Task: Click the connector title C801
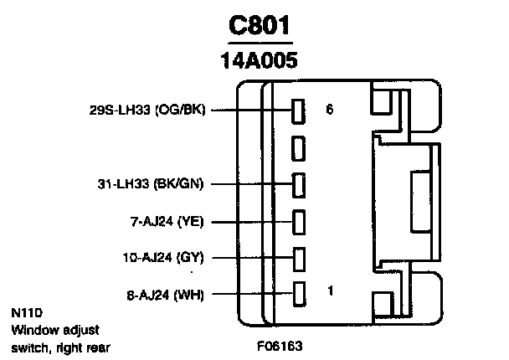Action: click(x=261, y=27)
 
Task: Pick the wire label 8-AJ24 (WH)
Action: click(x=164, y=293)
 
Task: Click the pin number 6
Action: click(x=329, y=109)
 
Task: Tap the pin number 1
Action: click(x=331, y=291)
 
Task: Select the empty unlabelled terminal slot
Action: click(x=297, y=148)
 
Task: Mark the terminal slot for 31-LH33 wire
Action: click(x=297, y=183)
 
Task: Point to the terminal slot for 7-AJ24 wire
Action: click(x=297, y=221)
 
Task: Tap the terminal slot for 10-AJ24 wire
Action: click(x=297, y=257)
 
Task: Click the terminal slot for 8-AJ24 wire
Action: click(x=297, y=293)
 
